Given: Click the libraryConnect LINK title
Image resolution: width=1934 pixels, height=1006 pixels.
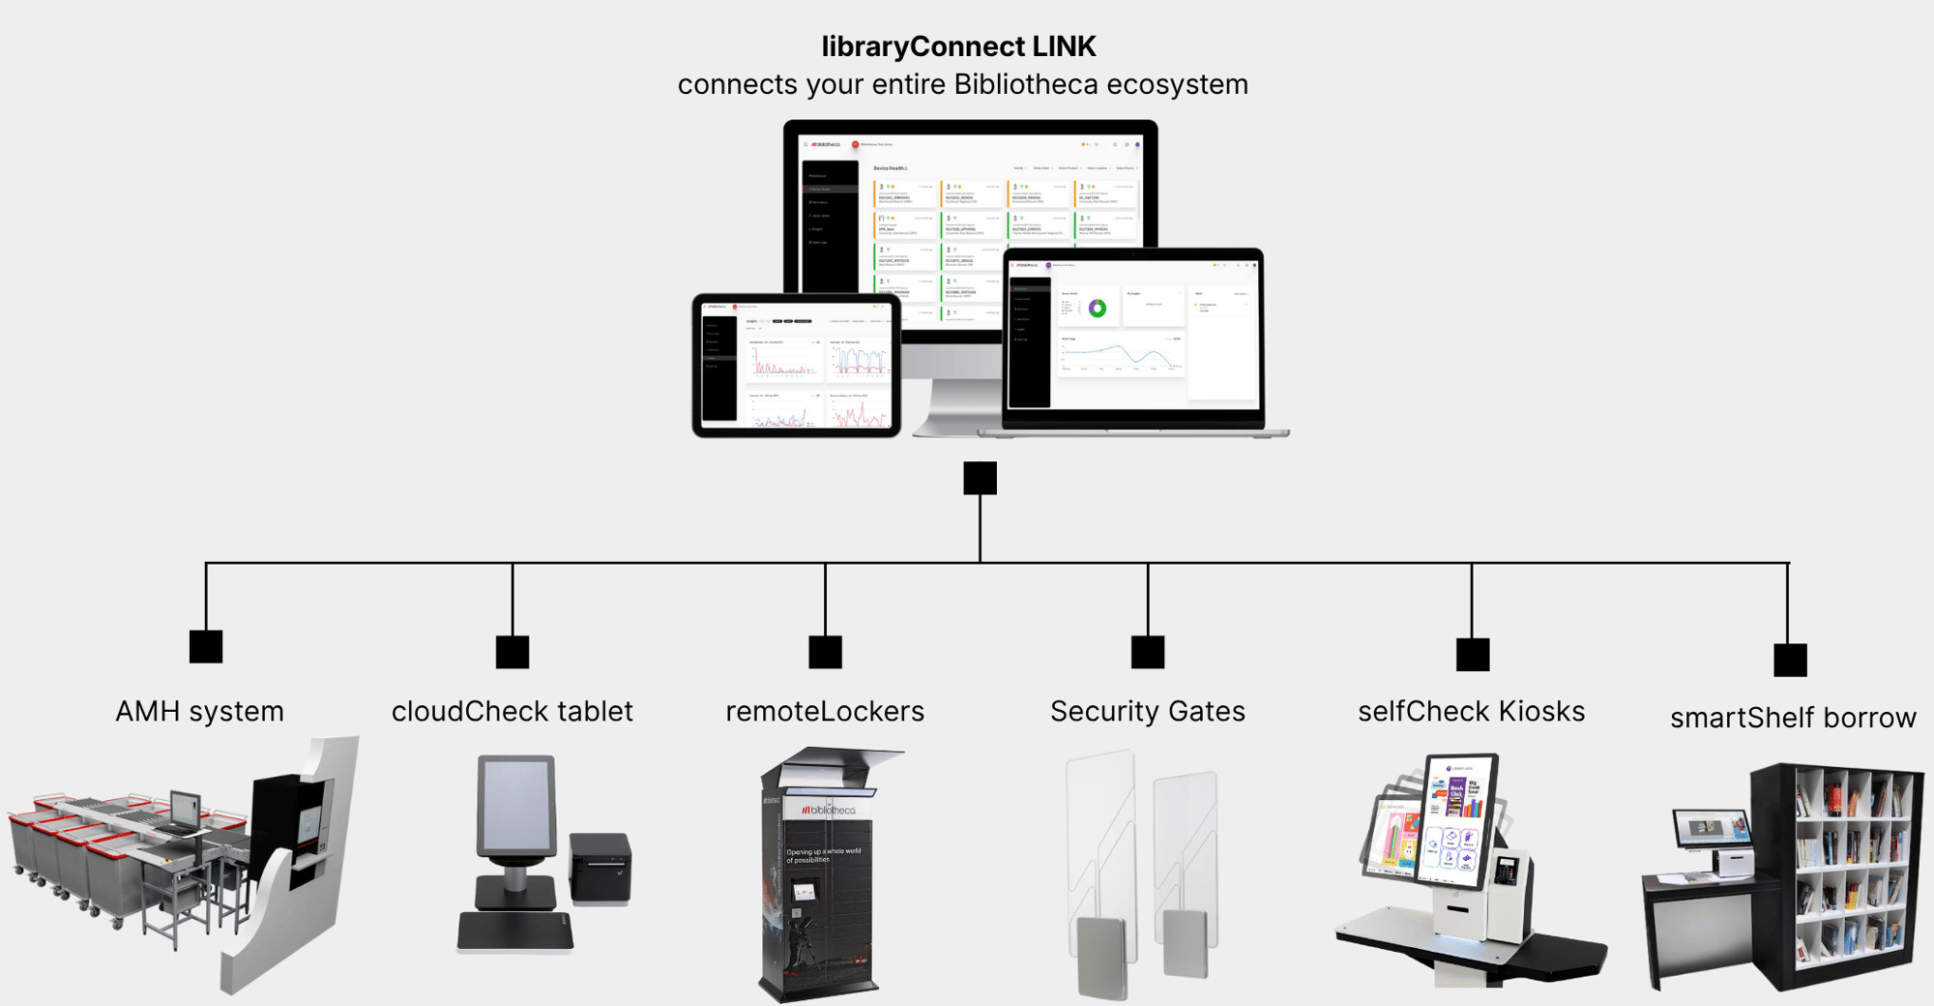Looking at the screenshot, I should click(x=958, y=46).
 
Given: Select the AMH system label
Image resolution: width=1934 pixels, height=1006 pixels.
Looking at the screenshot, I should click(x=199, y=712).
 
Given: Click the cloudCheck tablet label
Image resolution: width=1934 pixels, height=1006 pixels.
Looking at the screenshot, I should click(x=512, y=712).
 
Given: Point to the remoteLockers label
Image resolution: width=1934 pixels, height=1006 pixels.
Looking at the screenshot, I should click(x=825, y=712).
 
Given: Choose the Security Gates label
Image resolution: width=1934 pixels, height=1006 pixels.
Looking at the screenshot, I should click(x=1147, y=712).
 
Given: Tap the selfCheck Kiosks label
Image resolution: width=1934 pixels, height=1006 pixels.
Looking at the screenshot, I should click(x=1471, y=712).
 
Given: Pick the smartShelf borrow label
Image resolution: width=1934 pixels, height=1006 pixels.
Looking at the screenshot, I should click(x=1793, y=718).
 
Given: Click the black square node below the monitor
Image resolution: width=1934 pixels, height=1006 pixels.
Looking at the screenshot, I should click(x=980, y=478).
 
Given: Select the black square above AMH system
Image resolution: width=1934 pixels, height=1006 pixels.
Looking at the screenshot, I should click(x=206, y=646).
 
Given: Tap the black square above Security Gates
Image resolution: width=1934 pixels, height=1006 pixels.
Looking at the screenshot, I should click(x=1148, y=652).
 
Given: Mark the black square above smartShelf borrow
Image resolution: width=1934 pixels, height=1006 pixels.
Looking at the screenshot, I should click(x=1790, y=660).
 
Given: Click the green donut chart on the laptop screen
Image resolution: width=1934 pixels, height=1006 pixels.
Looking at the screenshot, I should click(x=1097, y=309).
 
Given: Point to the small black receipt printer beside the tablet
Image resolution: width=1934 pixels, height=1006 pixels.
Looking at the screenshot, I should click(x=600, y=868).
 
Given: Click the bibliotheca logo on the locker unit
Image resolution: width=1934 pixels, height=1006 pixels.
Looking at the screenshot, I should click(x=828, y=810).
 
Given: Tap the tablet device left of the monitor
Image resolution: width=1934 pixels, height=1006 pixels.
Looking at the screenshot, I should click(x=796, y=366).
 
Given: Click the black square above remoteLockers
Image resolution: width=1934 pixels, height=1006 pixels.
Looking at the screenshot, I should click(x=825, y=652).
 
